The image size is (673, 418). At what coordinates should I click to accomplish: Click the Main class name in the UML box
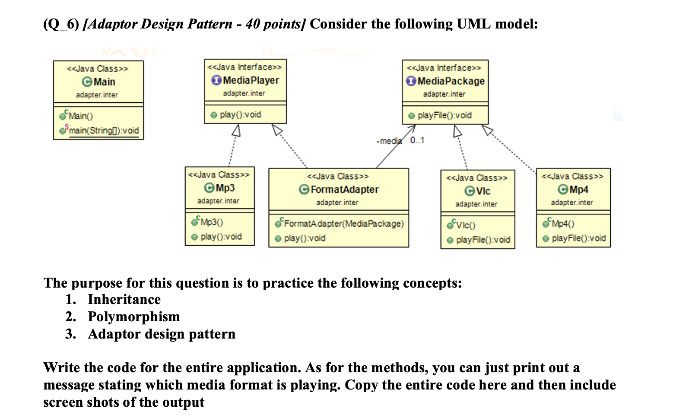point(104,82)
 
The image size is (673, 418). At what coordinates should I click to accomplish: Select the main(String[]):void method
point(104,130)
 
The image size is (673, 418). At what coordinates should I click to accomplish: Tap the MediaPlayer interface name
point(251,80)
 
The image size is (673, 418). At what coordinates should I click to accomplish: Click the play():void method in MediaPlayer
point(240,114)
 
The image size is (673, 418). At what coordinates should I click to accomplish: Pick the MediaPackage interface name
point(451,81)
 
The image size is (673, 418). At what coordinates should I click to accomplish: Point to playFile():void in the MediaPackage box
point(444,115)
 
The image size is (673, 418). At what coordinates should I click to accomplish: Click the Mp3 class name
point(225,188)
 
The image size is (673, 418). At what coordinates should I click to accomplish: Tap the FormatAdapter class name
point(344,190)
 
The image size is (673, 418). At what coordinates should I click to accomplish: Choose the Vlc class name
point(483,191)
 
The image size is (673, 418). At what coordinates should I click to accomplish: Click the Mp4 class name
point(579,190)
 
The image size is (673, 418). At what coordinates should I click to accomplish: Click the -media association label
point(390,141)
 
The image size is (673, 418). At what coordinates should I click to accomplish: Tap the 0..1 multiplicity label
point(417,140)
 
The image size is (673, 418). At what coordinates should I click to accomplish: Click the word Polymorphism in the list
point(134,317)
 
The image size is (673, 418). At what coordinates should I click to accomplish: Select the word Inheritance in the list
point(124,299)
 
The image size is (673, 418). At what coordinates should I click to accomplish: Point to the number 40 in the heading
point(252,24)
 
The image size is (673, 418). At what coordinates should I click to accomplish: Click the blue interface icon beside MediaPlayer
point(216,80)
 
